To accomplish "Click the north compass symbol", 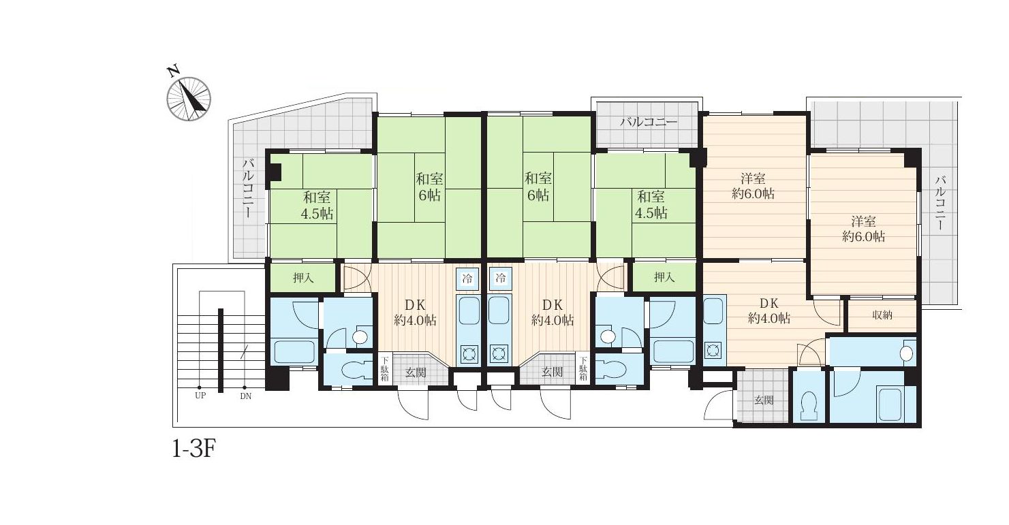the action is tap(189, 99).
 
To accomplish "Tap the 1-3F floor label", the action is tap(193, 449).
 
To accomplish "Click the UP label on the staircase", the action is tap(200, 396).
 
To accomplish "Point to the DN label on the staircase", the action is tap(245, 396).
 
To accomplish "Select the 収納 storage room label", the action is tap(882, 315).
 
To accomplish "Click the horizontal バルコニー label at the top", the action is tap(648, 123).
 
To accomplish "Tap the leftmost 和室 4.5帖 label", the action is tap(317, 206).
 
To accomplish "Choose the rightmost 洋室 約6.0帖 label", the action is tap(863, 229).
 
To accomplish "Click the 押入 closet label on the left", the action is tap(303, 278).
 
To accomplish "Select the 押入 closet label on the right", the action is tap(664, 277).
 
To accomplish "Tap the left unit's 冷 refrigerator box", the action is tap(467, 279).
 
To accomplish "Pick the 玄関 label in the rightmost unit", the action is tap(764, 400).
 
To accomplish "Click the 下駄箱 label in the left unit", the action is tap(385, 369).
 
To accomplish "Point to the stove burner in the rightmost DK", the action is tap(712, 350).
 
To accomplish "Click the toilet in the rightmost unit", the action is tap(809, 406).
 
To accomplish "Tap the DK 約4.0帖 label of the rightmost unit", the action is tap(769, 311).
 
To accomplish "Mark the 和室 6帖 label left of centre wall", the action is tap(429, 187).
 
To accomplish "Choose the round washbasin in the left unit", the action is tap(360, 337).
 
